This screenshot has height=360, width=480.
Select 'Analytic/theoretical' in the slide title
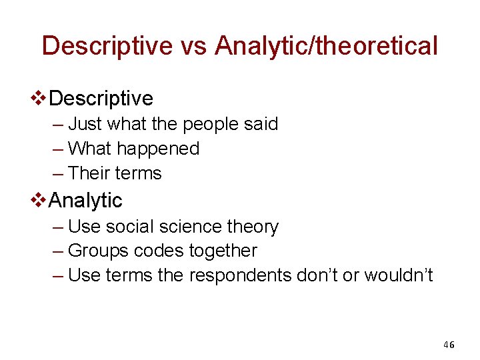tap(327, 46)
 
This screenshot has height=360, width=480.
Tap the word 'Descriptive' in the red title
tap(107, 46)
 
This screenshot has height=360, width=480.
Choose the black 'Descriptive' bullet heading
tap(101, 99)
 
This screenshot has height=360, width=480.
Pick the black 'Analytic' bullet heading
tap(86, 200)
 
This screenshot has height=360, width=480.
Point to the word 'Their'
tap(89, 173)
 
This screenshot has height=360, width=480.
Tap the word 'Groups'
tap(99, 251)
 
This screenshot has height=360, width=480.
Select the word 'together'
tap(223, 251)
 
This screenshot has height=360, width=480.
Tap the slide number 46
tap(449, 345)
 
